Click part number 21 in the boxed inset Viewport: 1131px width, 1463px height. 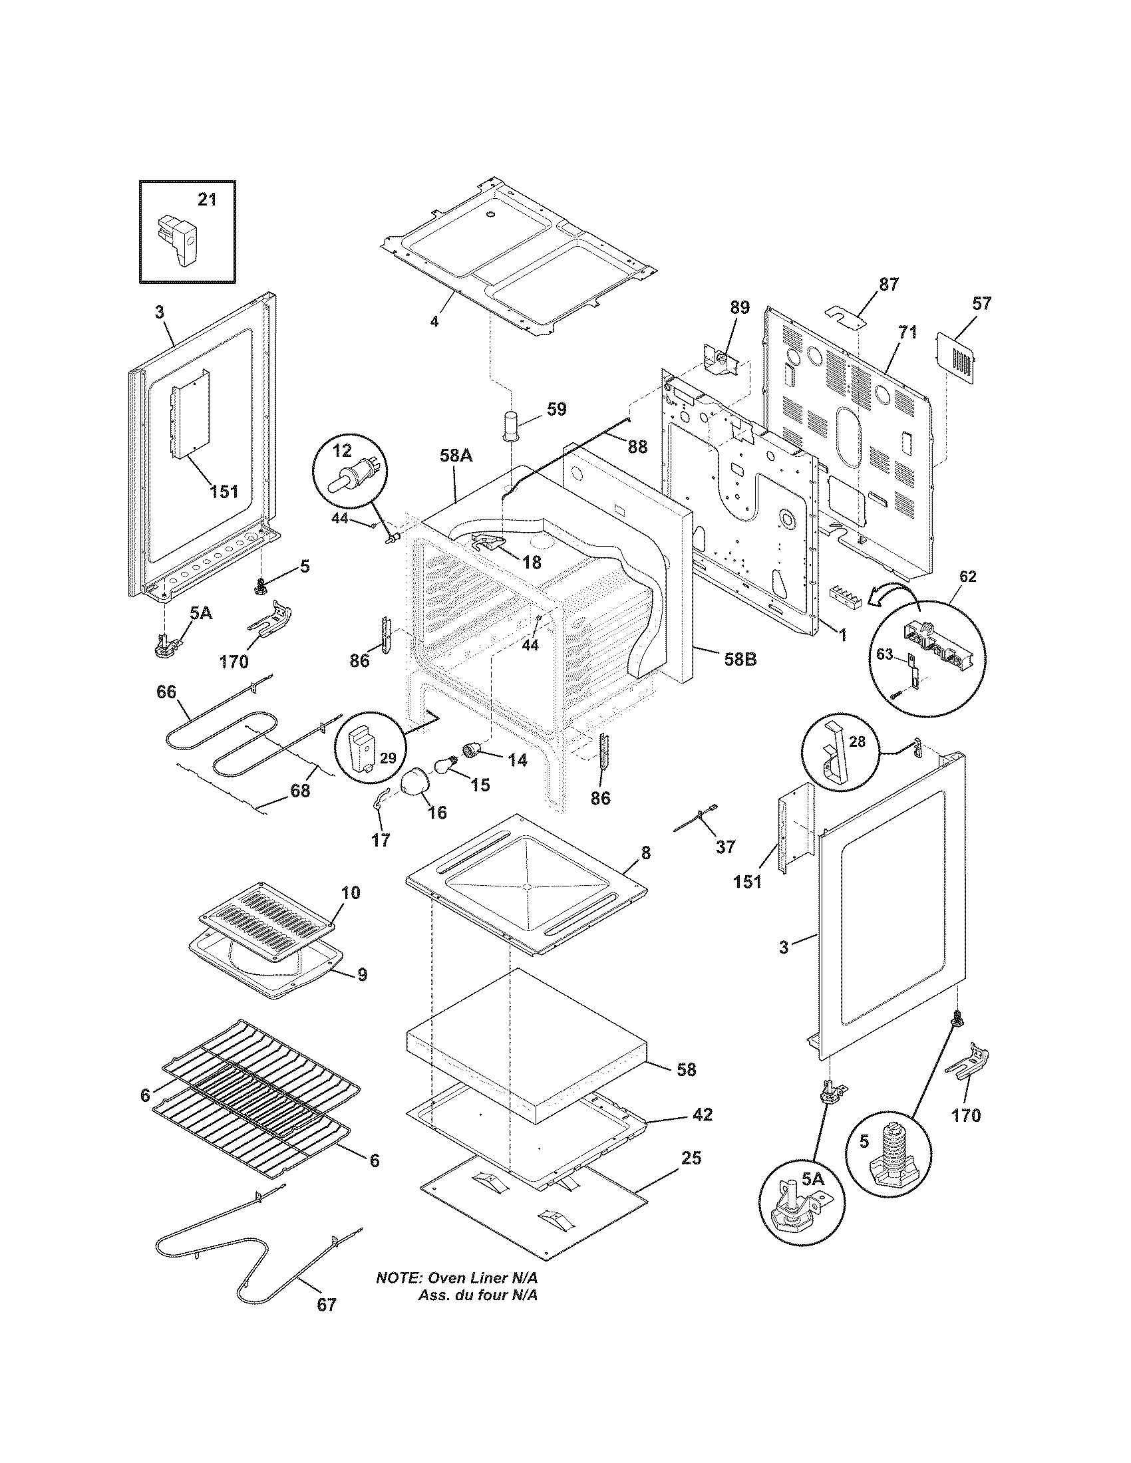click(x=207, y=199)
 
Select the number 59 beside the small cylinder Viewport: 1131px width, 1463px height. click(x=556, y=408)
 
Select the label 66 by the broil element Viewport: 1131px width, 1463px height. click(x=166, y=692)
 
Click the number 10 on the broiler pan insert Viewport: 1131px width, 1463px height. click(x=351, y=892)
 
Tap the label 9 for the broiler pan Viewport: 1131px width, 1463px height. click(x=362, y=975)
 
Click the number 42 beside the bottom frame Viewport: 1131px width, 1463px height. click(x=702, y=1115)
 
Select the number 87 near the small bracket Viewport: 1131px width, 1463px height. click(x=888, y=284)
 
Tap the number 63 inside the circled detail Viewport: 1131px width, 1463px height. click(x=885, y=654)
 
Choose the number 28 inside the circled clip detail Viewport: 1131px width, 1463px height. click(x=857, y=741)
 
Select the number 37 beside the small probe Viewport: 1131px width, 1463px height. click(x=725, y=847)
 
